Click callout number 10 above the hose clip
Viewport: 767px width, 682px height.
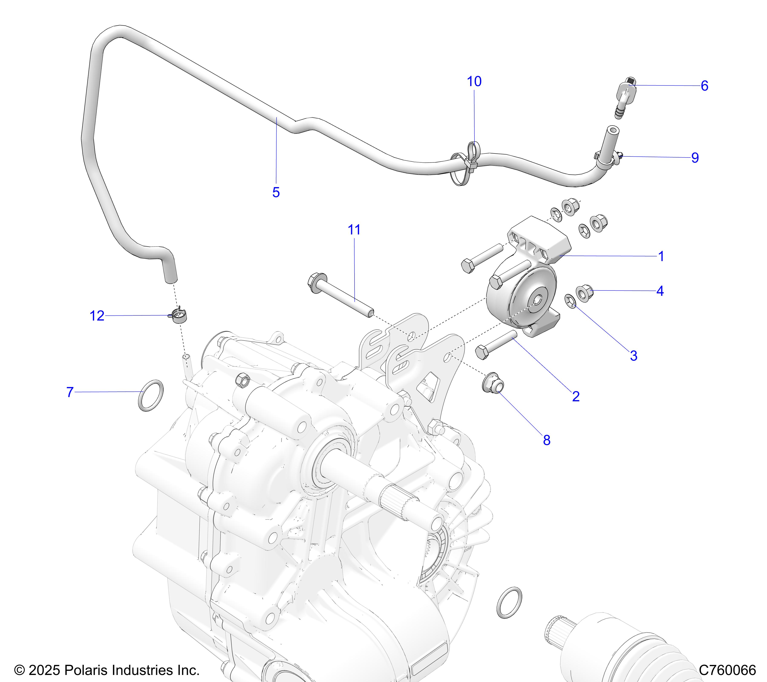tap(474, 81)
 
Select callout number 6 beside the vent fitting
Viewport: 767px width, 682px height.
tap(704, 86)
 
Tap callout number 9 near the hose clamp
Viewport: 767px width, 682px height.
tap(695, 158)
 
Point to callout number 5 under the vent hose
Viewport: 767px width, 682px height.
tap(276, 192)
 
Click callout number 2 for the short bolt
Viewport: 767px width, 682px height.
tap(576, 396)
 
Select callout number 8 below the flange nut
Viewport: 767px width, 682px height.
tap(546, 440)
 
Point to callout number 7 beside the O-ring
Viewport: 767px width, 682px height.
tap(70, 392)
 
